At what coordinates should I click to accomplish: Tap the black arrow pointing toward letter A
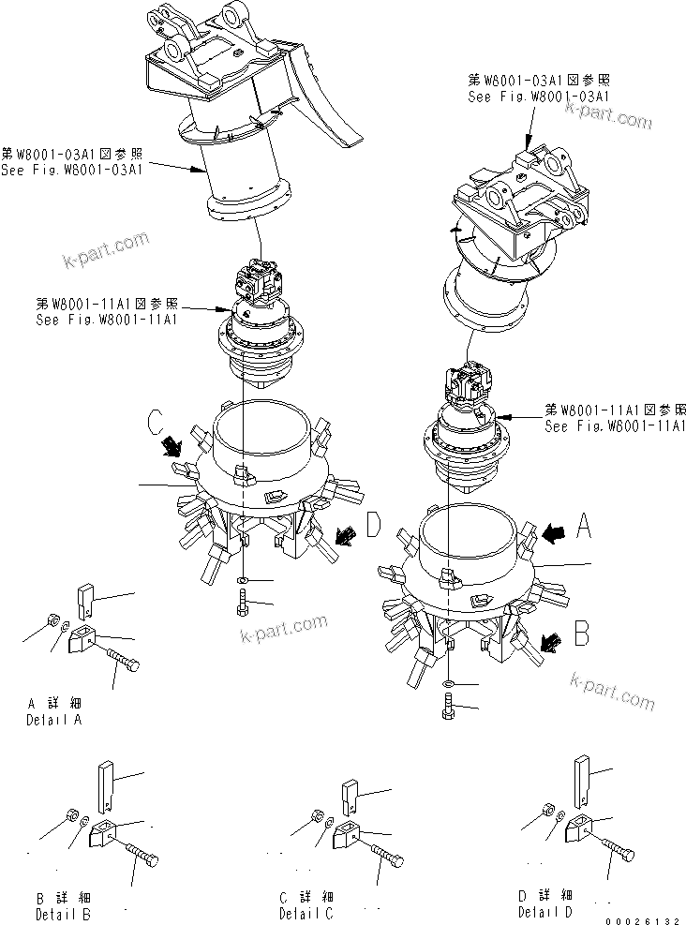click(552, 534)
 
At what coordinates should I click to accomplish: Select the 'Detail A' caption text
click(55, 721)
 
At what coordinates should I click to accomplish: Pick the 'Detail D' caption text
click(545, 912)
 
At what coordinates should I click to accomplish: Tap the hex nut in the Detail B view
click(72, 812)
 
